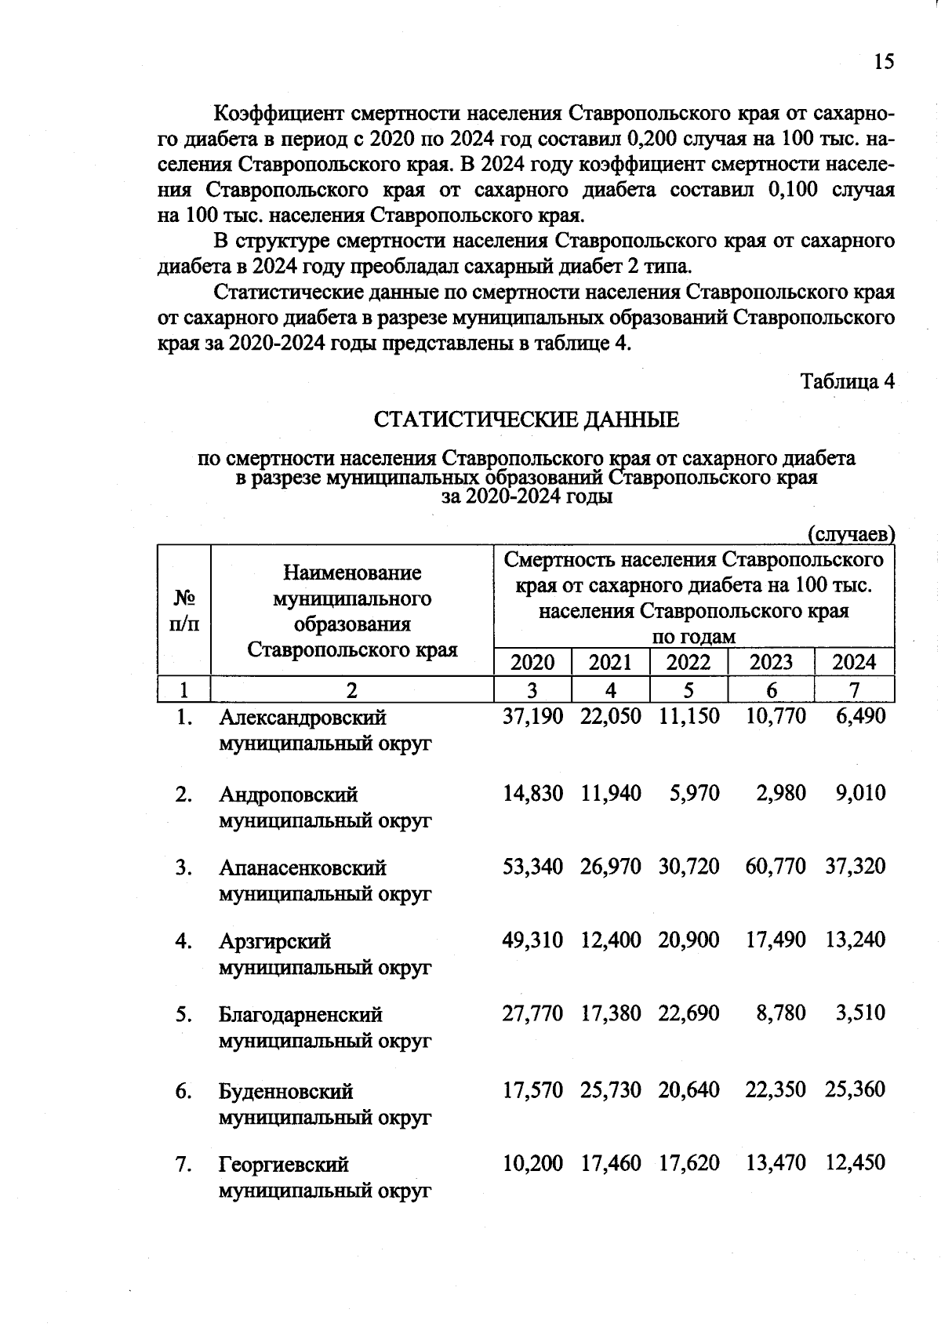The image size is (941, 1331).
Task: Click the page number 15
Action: pyautogui.click(x=883, y=62)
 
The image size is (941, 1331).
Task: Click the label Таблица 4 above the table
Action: pyautogui.click(x=847, y=381)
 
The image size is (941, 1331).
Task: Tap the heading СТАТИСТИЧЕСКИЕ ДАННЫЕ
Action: pyautogui.click(x=526, y=420)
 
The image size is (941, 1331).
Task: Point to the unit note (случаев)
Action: pyautogui.click(x=851, y=534)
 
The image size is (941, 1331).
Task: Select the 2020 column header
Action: pyautogui.click(x=532, y=662)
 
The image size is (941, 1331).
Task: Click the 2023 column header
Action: pyautogui.click(x=771, y=662)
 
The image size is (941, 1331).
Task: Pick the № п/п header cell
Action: pyautogui.click(x=184, y=611)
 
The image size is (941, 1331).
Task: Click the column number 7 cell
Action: pyautogui.click(x=854, y=689)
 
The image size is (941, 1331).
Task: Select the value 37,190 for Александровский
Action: pyautogui.click(x=532, y=716)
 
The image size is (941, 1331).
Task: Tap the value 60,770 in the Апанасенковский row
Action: pyautogui.click(x=775, y=867)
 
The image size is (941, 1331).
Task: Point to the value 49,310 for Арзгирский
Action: pyautogui.click(x=532, y=940)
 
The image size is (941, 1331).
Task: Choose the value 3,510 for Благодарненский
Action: pyautogui.click(x=860, y=1013)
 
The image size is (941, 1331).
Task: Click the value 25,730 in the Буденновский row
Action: pyautogui.click(x=610, y=1089)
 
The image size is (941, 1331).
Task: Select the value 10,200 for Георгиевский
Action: pyautogui.click(x=532, y=1163)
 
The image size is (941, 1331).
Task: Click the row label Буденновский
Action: pyautogui.click(x=285, y=1091)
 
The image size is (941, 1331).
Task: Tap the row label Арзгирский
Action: pyautogui.click(x=274, y=941)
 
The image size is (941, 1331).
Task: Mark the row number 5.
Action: pyautogui.click(x=183, y=1015)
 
